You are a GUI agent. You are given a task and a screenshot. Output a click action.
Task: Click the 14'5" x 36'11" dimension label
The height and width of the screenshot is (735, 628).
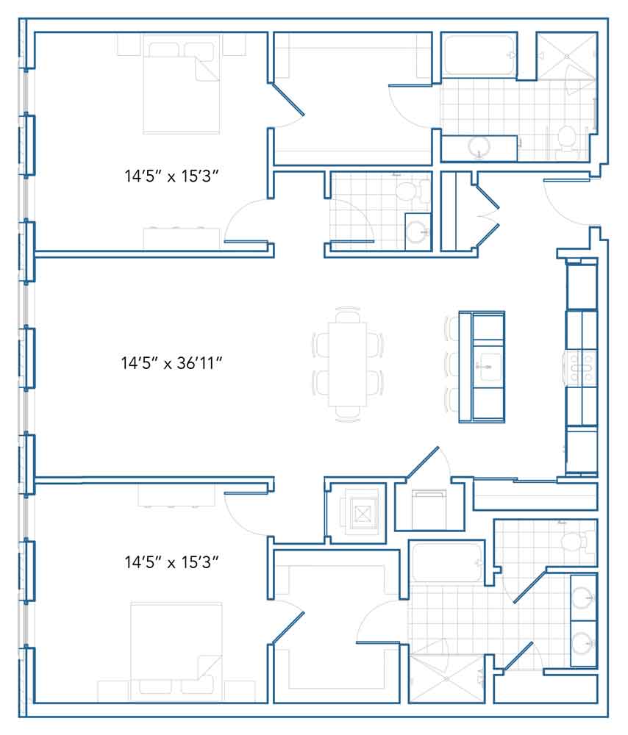click(x=171, y=363)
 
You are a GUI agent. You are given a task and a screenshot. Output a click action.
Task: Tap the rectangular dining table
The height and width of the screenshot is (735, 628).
click(x=348, y=365)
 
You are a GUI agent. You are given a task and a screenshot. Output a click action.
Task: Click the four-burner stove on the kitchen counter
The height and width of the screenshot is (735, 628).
click(x=581, y=367)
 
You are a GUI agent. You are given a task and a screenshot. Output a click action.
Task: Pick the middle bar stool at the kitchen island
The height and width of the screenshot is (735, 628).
click(x=452, y=365)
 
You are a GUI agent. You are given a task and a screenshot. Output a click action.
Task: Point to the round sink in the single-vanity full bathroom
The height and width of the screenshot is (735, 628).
click(x=479, y=148)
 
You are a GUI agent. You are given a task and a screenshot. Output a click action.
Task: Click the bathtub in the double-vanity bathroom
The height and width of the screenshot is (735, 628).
click(x=446, y=562)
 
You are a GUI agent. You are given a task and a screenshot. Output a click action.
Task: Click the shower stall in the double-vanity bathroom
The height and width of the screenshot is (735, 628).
click(x=446, y=678)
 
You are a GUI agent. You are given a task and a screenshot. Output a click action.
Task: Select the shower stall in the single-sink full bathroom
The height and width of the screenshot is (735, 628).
click(x=567, y=56)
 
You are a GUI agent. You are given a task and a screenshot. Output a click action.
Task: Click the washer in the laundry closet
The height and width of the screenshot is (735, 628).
click(x=429, y=509)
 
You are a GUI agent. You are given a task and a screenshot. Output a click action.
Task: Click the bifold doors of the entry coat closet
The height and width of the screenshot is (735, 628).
click(x=488, y=215)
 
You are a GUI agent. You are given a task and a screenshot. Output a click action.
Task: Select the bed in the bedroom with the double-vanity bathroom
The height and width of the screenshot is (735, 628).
click(x=176, y=650)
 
